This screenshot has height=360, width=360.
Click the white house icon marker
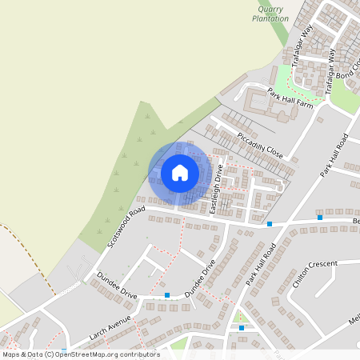179,172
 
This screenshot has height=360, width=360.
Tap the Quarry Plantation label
270,14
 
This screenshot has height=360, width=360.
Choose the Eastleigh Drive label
214,194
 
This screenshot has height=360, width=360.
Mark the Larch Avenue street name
110,326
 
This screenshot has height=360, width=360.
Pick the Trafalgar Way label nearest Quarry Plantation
298,50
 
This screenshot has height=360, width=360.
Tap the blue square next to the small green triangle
242,327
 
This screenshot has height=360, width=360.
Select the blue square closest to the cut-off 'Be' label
320,217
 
